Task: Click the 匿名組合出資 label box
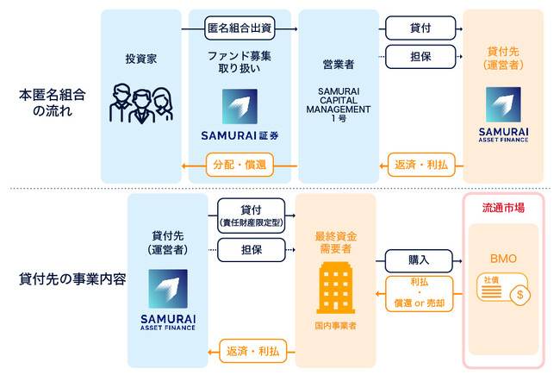(241, 29)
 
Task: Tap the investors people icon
(141, 102)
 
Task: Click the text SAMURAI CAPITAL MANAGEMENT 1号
(338, 103)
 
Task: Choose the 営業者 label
(338, 63)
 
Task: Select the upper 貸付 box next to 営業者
(421, 29)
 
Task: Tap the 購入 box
(419, 258)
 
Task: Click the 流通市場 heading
(501, 207)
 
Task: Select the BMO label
(501, 256)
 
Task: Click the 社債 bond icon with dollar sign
(501, 289)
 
